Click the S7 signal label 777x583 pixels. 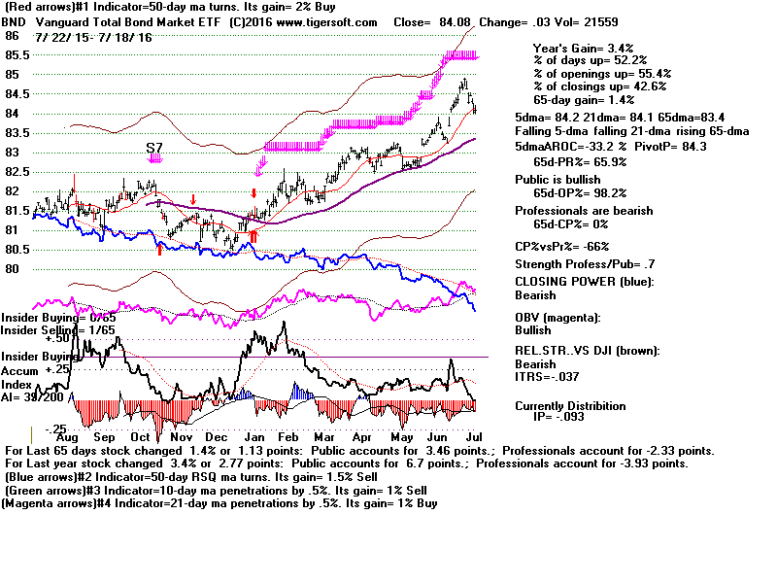pos(154,147)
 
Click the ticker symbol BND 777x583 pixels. pos(14,21)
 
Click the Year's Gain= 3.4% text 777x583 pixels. pos(572,48)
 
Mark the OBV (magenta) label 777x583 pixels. pos(567,318)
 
